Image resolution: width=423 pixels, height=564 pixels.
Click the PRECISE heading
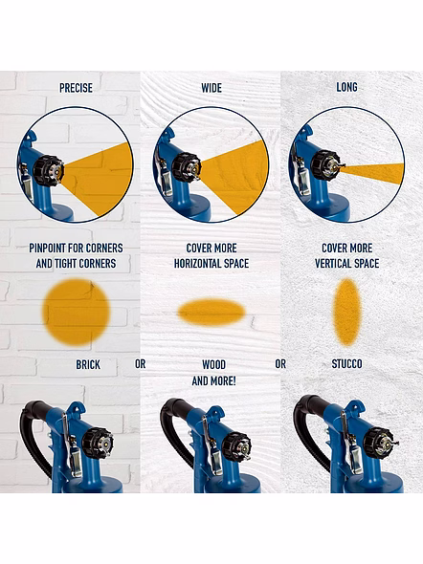pyautogui.click(x=76, y=88)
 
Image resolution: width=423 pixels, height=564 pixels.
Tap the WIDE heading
pyautogui.click(x=211, y=88)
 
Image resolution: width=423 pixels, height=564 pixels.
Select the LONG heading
pyautogui.click(x=346, y=87)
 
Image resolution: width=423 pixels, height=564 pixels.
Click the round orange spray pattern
pyautogui.click(x=76, y=313)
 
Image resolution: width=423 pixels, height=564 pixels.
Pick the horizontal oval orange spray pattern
pyautogui.click(x=211, y=313)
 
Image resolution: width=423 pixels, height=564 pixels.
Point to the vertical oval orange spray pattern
pyautogui.click(x=346, y=313)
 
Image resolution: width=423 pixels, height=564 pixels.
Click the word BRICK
pyautogui.click(x=88, y=365)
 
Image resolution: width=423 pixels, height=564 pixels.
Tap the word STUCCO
pyautogui.click(x=346, y=364)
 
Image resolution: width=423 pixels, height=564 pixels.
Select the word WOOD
pyautogui.click(x=213, y=365)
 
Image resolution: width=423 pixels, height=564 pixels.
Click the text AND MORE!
pyautogui.click(x=213, y=380)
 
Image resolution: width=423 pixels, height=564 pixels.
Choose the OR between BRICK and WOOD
pyautogui.click(x=141, y=364)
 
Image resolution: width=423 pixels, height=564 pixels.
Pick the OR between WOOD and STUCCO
pyautogui.click(x=280, y=364)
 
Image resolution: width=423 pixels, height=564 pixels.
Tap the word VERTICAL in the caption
pyautogui.click(x=334, y=264)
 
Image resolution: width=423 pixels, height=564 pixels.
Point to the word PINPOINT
pyautogui.click(x=48, y=249)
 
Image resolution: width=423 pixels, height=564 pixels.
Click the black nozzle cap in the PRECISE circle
pyautogui.click(x=48, y=170)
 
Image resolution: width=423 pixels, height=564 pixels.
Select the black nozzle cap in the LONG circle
pyautogui.click(x=324, y=164)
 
